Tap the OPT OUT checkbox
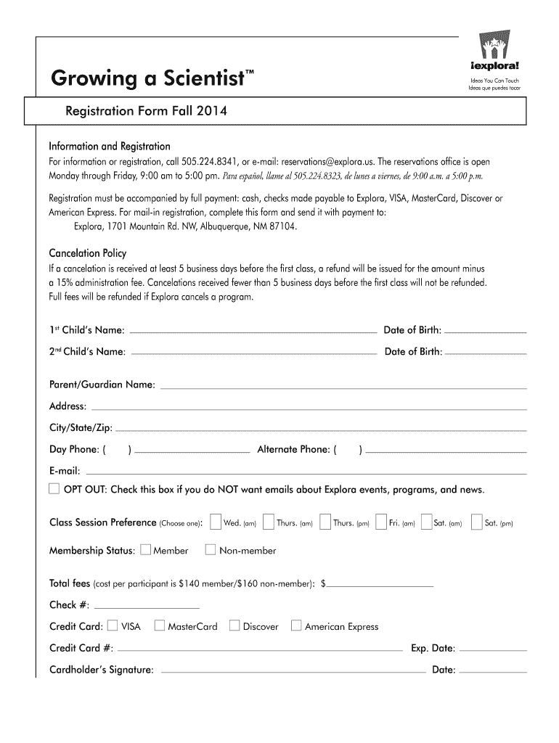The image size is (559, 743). [54, 488]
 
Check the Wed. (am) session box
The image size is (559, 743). [215, 522]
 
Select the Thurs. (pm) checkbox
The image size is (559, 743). [325, 522]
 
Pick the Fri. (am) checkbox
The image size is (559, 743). [381, 522]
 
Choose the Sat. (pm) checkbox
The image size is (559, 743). [476, 522]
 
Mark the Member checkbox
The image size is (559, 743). [145, 549]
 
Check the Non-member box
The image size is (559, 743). [211, 549]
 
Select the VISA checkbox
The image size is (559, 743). [113, 625]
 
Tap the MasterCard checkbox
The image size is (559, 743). [160, 625]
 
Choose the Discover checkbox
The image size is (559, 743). [234, 625]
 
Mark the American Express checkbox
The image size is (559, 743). [296, 625]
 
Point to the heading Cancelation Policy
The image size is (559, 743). [87, 253]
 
